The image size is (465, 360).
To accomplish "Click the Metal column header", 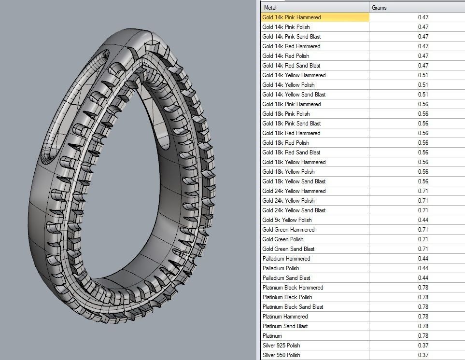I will click(270, 8).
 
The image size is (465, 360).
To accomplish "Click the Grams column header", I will click(379, 8).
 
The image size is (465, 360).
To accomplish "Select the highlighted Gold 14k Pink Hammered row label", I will click(291, 17).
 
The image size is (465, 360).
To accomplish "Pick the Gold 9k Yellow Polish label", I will click(287, 220).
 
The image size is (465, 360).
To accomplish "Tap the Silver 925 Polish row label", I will click(281, 346).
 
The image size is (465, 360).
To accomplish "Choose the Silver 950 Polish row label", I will click(281, 355).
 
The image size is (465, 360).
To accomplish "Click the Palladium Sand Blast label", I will click(286, 278).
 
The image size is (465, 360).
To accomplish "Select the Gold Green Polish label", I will click(282, 239).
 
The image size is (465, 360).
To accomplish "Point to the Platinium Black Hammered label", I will click(293, 288).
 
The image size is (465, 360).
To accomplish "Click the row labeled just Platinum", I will click(272, 336).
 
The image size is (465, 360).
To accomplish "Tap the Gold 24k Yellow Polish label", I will click(288, 201).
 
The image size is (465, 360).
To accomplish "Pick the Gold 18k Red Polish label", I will click(285, 143).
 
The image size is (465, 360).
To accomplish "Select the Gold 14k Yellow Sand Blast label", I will click(294, 95).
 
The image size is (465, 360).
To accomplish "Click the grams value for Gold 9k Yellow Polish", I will click(423, 220).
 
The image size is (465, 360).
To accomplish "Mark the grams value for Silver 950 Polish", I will click(423, 355).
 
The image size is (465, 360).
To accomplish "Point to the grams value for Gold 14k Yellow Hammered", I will click(423, 75).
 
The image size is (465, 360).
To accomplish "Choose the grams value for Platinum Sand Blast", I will click(423, 326).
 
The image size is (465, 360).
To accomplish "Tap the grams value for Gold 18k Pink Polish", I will click(423, 114).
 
